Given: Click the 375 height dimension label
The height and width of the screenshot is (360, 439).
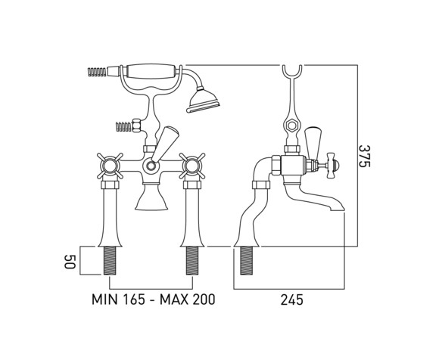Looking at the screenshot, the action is [365, 156].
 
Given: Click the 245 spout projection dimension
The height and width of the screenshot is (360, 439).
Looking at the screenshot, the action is [292, 300].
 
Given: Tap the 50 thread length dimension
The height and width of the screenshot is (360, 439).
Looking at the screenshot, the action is [70, 262].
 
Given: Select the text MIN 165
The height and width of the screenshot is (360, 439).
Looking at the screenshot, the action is [119, 299].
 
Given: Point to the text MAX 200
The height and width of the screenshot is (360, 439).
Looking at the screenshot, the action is [187, 299].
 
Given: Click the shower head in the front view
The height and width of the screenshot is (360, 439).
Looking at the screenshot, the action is [204, 101].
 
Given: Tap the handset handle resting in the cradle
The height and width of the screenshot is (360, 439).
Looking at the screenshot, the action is [152, 72].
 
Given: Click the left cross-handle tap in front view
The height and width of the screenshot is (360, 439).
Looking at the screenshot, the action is [110, 166].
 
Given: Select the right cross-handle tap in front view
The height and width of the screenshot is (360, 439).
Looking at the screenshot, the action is [192, 166].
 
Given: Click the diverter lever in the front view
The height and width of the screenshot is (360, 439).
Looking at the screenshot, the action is [163, 143].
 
